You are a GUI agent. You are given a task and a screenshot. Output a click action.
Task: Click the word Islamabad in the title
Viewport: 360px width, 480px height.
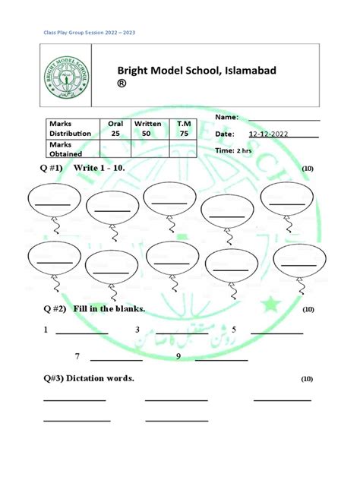coord(244,71)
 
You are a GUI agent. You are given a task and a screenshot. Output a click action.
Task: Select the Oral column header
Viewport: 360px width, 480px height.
coord(115,123)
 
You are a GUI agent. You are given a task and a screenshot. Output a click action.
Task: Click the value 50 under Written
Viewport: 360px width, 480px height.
coord(147,134)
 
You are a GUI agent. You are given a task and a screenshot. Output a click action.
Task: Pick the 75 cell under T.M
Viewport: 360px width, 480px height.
coord(184,134)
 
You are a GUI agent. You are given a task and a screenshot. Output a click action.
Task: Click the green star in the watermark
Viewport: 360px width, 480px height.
coord(270,305)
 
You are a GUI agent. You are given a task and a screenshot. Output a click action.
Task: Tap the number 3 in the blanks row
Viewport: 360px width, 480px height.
coord(137,330)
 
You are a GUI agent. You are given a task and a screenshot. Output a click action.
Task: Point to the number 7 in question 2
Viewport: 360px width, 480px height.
coord(77,356)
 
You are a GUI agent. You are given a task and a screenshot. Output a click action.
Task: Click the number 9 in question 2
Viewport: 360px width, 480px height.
coord(178,356)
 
